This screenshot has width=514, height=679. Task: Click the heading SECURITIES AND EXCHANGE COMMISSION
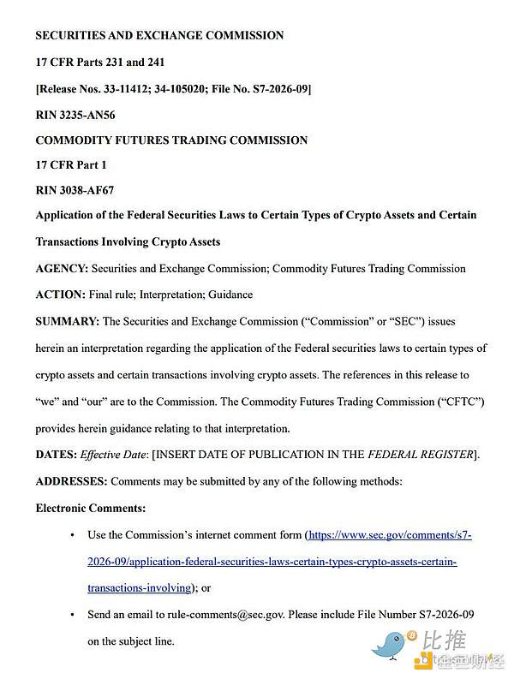click(159, 35)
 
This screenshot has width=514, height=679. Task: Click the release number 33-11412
click(128, 88)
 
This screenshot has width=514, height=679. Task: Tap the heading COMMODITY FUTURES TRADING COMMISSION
click(171, 140)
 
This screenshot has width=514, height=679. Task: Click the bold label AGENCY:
click(62, 268)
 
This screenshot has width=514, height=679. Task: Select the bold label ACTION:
click(60, 294)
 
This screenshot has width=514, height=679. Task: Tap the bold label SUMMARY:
click(67, 322)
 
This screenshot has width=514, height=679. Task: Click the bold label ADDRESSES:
click(71, 481)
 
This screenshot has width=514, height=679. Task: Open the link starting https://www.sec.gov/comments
click(390, 535)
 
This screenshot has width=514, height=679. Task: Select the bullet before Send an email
click(71, 615)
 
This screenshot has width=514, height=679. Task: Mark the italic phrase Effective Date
click(116, 454)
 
